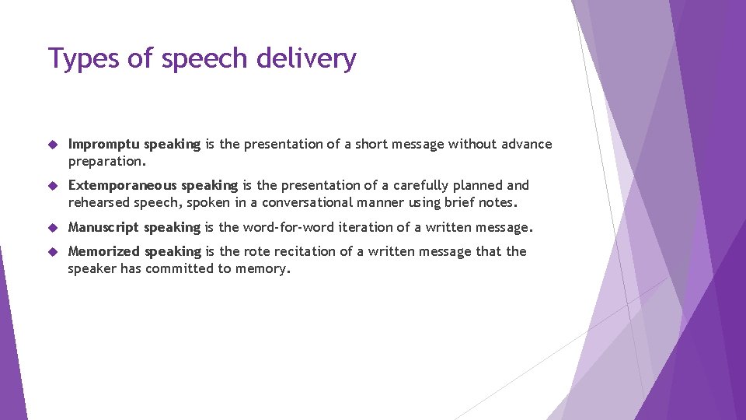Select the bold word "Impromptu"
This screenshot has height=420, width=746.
point(104,144)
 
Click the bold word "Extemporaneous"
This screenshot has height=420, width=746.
point(123,185)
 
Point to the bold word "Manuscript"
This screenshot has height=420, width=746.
point(104,227)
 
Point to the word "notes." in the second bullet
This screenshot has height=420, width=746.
point(499,202)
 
